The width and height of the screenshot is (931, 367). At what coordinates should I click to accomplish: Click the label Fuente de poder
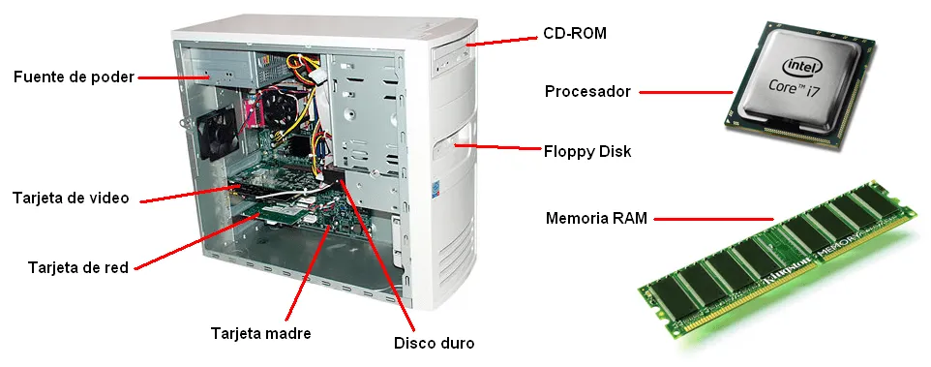tap(73, 76)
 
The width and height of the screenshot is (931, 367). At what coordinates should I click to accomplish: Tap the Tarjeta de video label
tap(71, 198)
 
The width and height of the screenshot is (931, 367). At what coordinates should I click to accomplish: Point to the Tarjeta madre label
tap(260, 333)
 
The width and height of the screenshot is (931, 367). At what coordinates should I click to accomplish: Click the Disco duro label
tap(435, 342)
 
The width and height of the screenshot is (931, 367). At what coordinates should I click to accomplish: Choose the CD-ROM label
tap(574, 33)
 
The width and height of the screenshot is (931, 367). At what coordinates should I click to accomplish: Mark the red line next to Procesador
tap(685, 93)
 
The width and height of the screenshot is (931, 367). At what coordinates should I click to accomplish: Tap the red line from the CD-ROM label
tap(502, 41)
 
